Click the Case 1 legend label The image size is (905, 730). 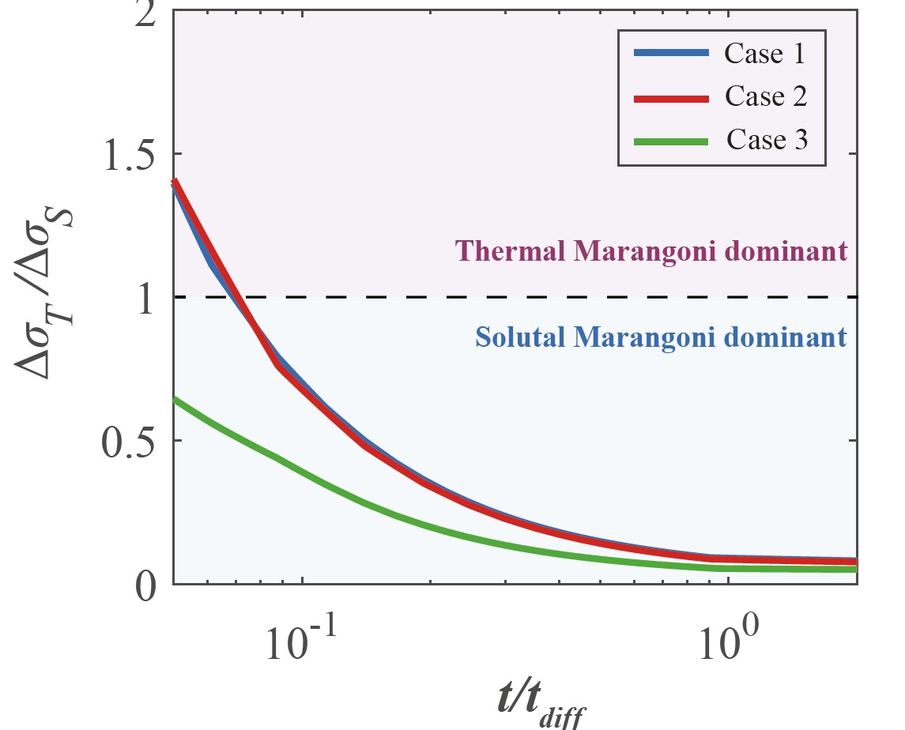[x=764, y=54]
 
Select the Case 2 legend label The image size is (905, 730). [x=764, y=97]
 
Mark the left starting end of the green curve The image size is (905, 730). [x=175, y=400]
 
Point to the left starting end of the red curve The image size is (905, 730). [x=175, y=182]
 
